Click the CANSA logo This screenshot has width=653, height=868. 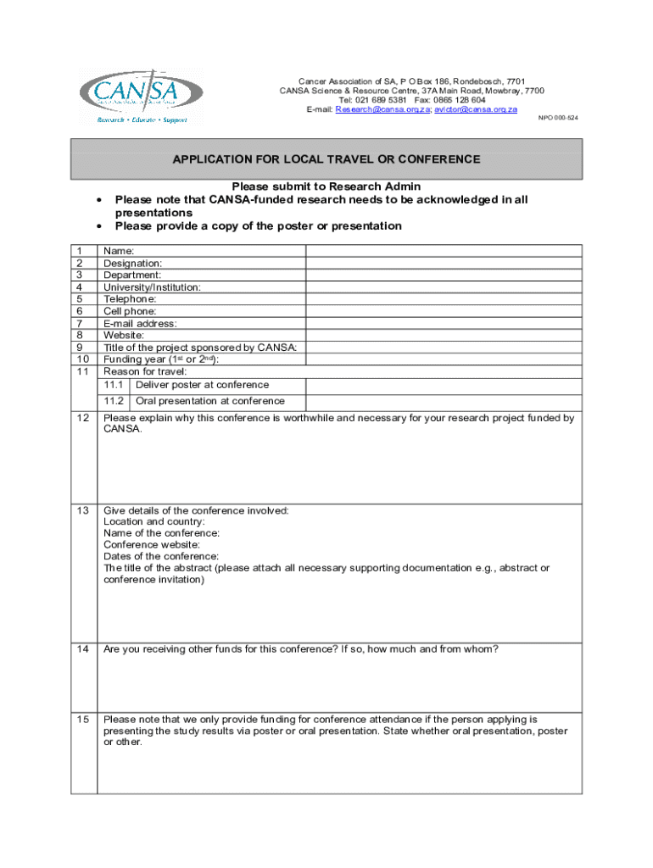point(140,97)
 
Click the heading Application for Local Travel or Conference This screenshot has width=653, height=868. point(326,159)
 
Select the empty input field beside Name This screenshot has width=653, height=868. point(444,251)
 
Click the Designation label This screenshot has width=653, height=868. point(132,263)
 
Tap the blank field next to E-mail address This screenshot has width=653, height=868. point(444,323)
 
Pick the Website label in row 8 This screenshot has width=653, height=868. point(124,335)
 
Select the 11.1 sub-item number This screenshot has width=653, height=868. point(114,385)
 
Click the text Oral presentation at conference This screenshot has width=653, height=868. point(209,401)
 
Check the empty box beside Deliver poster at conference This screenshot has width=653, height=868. point(444,385)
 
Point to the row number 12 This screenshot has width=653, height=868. point(83,418)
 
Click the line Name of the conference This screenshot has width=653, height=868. point(161,533)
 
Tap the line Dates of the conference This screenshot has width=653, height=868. point(161,556)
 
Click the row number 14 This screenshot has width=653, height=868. point(83,649)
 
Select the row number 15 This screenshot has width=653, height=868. point(83,719)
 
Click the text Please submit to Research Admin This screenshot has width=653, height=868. point(326,186)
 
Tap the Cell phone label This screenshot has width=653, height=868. point(130,311)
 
